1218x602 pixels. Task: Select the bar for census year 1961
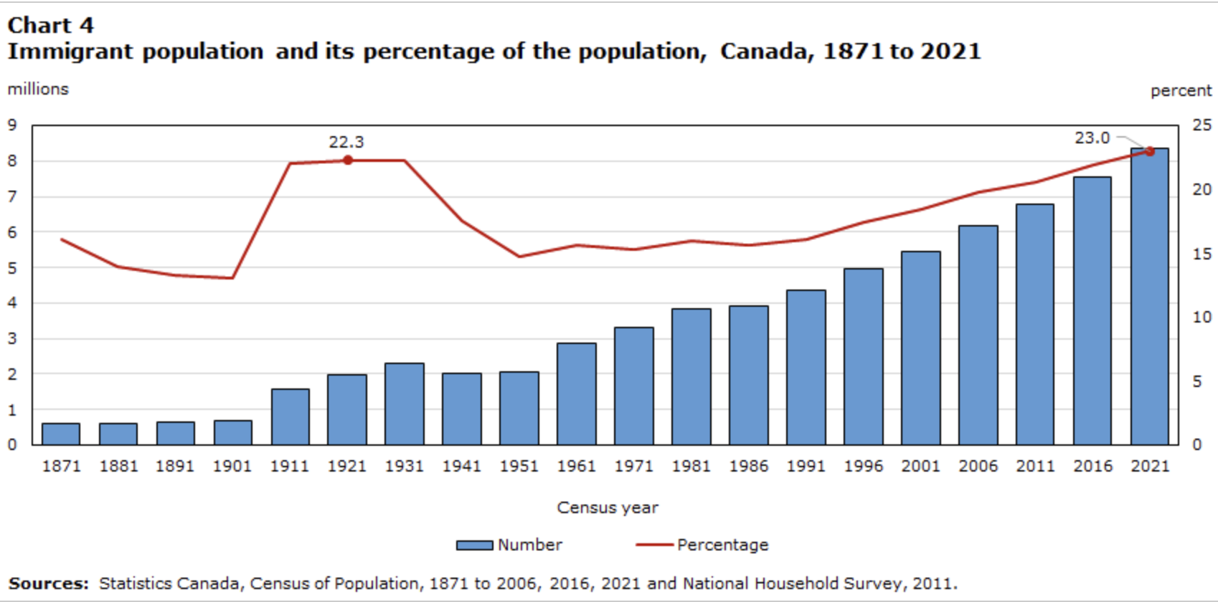(x=576, y=394)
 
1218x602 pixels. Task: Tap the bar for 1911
(x=290, y=417)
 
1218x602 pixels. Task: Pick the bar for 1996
(x=863, y=357)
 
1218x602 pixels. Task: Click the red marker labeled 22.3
(x=348, y=160)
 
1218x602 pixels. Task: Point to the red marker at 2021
(x=1149, y=151)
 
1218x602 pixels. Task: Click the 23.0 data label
(x=1092, y=138)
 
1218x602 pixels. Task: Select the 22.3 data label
(x=346, y=142)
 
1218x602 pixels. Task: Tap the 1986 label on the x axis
(x=748, y=466)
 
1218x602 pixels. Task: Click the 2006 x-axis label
(x=978, y=466)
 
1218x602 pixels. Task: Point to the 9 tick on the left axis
(x=12, y=125)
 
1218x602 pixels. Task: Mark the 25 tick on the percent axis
(x=1202, y=125)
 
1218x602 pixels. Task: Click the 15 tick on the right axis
(x=1202, y=254)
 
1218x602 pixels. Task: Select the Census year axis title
(x=608, y=507)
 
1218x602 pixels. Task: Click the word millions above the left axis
(x=38, y=89)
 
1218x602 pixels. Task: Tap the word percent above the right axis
(x=1181, y=91)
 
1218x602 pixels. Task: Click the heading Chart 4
(x=50, y=25)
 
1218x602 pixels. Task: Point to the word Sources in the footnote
(x=47, y=583)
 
